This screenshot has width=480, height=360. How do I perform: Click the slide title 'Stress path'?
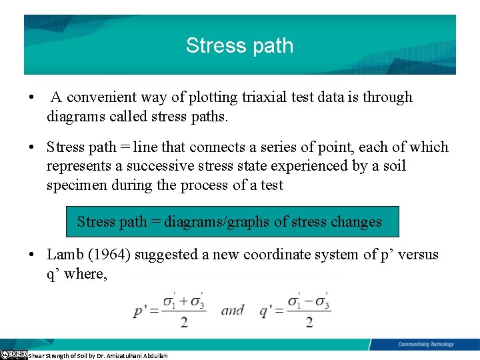click(239, 45)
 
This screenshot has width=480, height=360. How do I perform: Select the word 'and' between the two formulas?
click(232, 310)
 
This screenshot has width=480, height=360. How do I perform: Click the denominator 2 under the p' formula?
click(183, 322)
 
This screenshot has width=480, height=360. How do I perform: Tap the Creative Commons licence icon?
click(13, 355)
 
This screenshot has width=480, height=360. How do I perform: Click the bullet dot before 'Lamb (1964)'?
click(31, 255)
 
